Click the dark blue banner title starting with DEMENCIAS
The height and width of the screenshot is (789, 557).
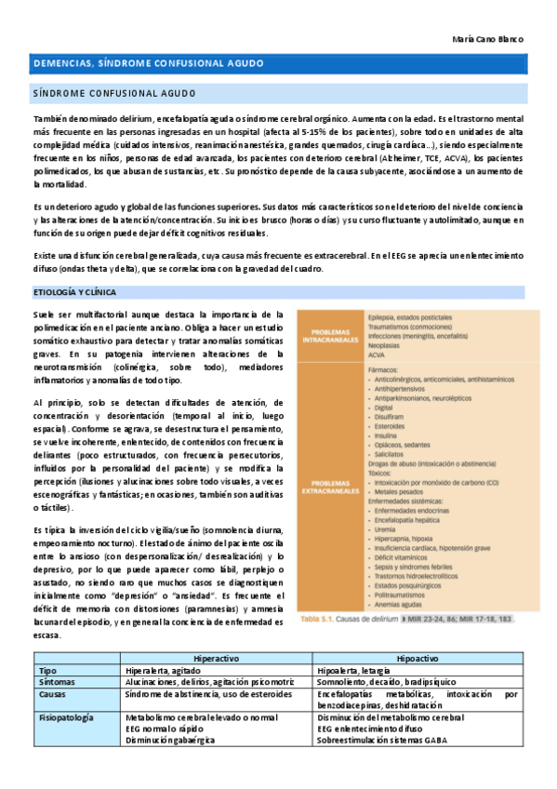click(x=149, y=63)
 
